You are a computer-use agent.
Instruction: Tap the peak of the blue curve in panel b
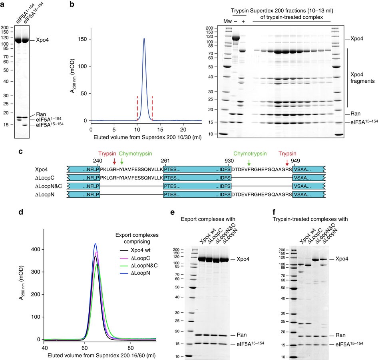pyautogui.click(x=144, y=39)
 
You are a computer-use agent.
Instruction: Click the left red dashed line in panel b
pyautogui.click(x=137, y=108)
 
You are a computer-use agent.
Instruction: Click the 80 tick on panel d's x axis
pyautogui.click(x=131, y=346)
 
